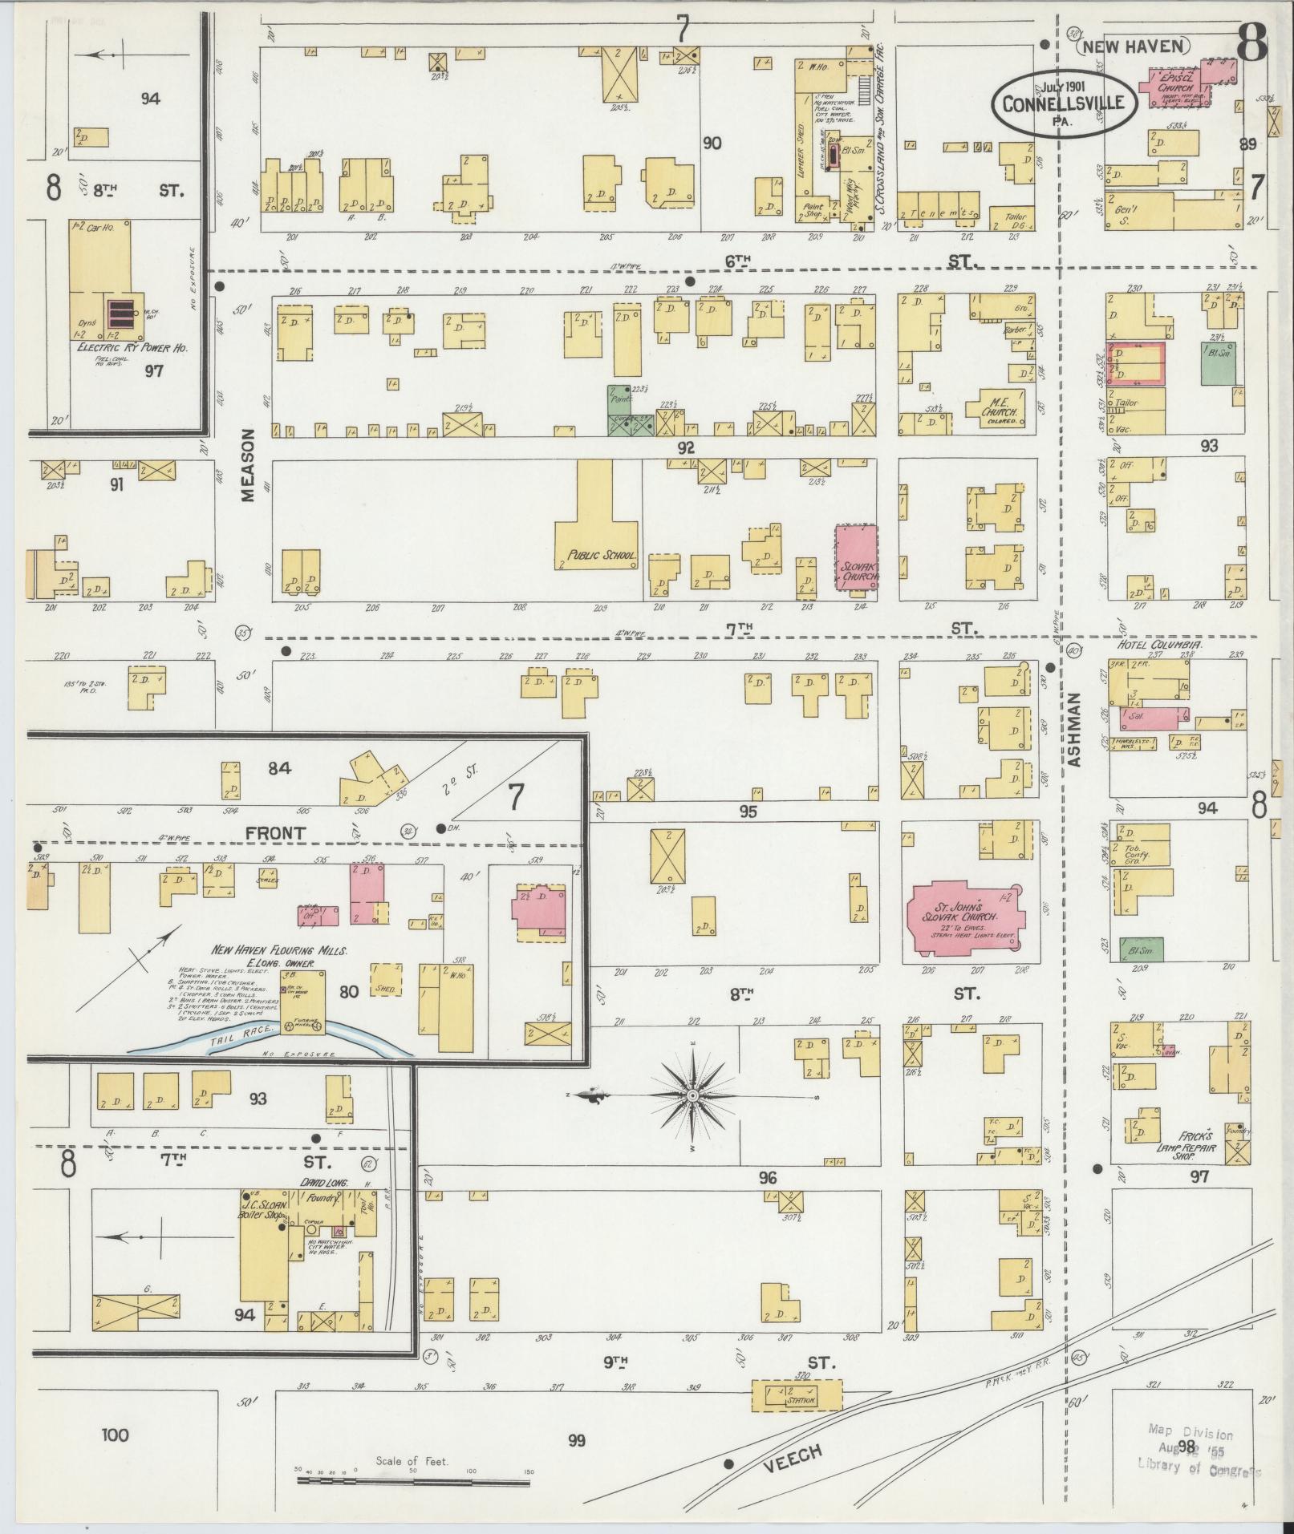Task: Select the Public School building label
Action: click(601, 555)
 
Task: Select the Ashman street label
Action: click(1075, 730)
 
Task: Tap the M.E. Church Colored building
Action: click(996, 407)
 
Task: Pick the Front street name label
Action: click(275, 833)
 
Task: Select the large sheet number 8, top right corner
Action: click(1251, 42)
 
